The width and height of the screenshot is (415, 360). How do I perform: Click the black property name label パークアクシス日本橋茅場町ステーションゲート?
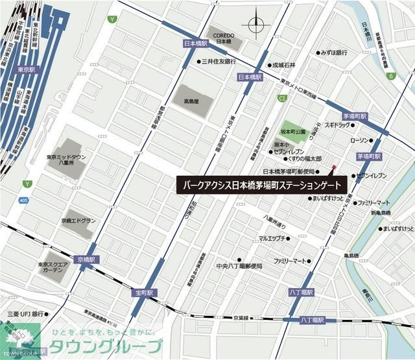click(x=263, y=184)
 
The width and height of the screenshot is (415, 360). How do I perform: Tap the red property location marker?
click(x=334, y=168)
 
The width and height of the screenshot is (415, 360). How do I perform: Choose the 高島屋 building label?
click(x=190, y=102)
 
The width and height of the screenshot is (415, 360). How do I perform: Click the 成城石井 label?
click(x=284, y=65)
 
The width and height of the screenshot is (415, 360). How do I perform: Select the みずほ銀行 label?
click(x=336, y=53)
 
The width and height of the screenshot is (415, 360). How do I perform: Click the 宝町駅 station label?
click(x=144, y=293)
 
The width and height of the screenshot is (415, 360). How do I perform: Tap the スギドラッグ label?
click(x=336, y=125)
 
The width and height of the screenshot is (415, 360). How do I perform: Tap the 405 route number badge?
click(x=23, y=201)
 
